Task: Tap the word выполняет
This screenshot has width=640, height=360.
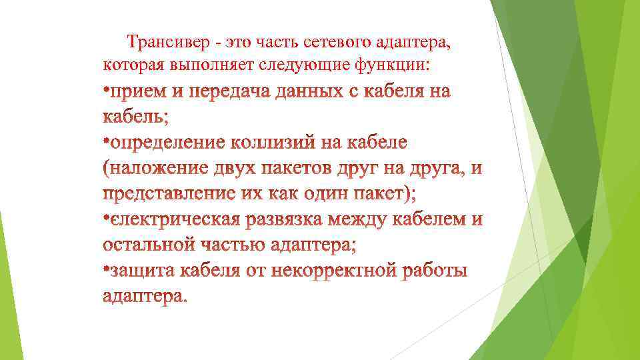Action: (x=205, y=65)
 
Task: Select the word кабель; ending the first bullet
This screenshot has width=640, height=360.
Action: (x=136, y=117)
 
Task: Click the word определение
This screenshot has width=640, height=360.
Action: (x=168, y=143)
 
